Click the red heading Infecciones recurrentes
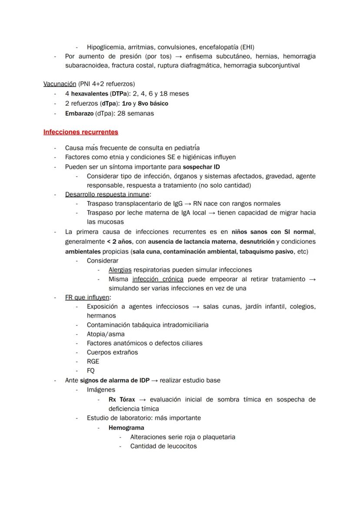click(x=81, y=132)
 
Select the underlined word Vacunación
click(x=60, y=83)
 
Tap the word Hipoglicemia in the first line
click(x=106, y=47)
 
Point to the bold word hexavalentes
click(x=90, y=93)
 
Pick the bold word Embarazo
click(x=79, y=113)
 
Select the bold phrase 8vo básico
click(x=153, y=103)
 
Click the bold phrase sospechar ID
click(x=201, y=167)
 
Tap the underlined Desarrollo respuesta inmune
click(x=107, y=194)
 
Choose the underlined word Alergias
click(x=120, y=269)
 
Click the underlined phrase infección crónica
click(x=158, y=279)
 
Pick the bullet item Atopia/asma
click(x=106, y=334)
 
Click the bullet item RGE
click(x=93, y=361)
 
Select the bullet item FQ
click(x=91, y=371)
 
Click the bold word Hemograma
click(x=127, y=427)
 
